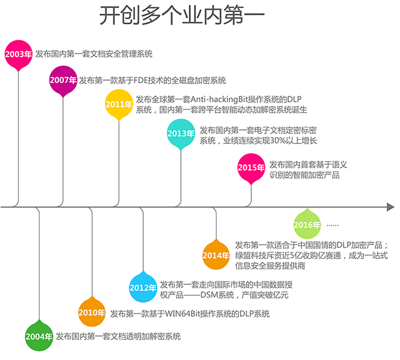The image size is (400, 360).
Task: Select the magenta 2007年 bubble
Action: click(64, 80)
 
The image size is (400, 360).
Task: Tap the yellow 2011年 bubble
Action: click(118, 104)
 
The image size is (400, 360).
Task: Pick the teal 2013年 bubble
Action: click(181, 134)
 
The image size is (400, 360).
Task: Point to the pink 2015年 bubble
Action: click(251, 167)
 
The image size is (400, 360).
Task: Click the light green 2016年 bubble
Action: click(307, 225)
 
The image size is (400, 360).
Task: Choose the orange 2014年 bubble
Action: click(216, 255)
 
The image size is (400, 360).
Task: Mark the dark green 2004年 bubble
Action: click(39, 336)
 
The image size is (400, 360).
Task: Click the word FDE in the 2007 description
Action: click(139, 80)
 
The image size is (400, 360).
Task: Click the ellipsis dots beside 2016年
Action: click(333, 225)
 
